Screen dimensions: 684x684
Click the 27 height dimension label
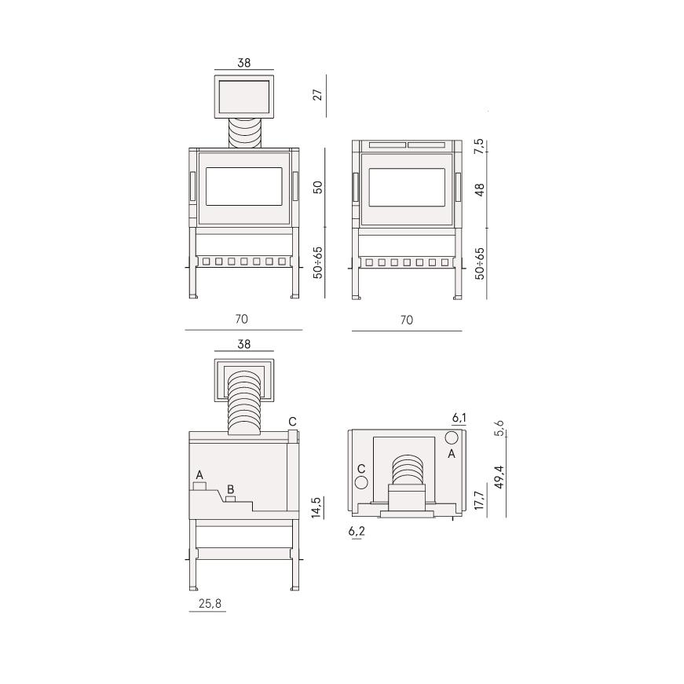click(318, 95)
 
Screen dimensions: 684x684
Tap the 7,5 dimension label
click(479, 146)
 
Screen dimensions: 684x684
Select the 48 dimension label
click(479, 190)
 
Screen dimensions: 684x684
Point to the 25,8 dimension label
click(210, 604)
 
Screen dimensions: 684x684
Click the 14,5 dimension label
click(316, 507)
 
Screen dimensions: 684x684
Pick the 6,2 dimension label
click(357, 531)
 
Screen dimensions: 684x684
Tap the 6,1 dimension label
click(459, 418)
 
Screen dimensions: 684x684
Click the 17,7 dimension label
click(479, 500)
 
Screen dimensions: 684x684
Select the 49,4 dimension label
click(499, 477)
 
